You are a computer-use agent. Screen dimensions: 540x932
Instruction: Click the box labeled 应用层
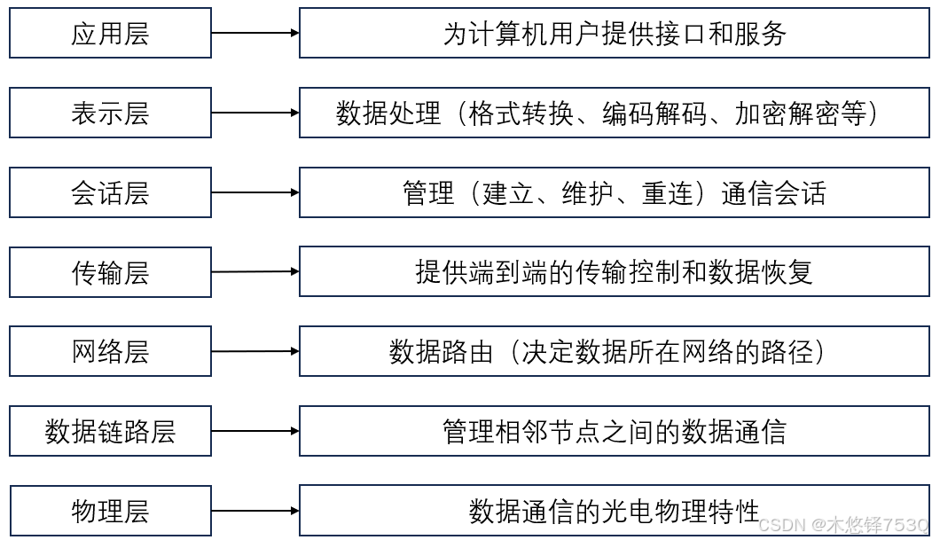tap(110, 34)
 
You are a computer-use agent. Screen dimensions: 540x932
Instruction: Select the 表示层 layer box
tap(110, 113)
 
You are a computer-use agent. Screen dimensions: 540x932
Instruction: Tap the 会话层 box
tap(110, 192)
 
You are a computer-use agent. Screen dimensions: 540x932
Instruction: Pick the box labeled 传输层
tap(110, 272)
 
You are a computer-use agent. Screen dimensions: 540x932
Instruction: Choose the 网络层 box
tap(110, 352)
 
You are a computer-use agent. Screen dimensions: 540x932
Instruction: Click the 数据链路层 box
tap(110, 432)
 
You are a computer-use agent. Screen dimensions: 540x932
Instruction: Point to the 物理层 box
tap(110, 511)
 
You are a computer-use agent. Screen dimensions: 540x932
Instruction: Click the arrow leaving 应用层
tap(255, 34)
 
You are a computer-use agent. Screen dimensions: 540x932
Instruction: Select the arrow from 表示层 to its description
tap(255, 113)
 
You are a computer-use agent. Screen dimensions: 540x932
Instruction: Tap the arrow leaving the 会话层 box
tap(255, 192)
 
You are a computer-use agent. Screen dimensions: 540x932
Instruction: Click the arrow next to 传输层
tap(255, 271)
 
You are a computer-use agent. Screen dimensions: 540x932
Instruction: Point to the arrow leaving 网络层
tap(255, 351)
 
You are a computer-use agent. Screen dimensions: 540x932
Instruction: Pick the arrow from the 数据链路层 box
tap(255, 432)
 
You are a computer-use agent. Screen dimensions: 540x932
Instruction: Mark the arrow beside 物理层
tap(255, 511)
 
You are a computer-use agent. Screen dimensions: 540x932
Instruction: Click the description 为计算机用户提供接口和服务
tap(614, 34)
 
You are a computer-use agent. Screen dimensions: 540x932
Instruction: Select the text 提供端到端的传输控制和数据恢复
tap(614, 272)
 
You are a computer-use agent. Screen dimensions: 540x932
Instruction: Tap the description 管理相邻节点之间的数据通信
tap(614, 432)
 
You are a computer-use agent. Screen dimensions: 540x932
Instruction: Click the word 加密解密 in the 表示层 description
tap(787, 113)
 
